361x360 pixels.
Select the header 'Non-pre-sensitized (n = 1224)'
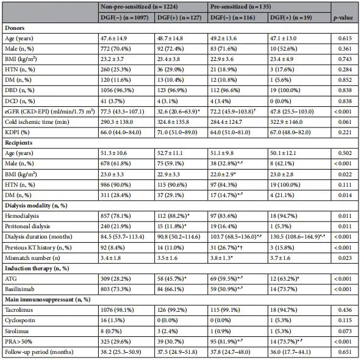(x=137, y=5)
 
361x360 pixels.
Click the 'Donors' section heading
(x=15, y=29)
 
